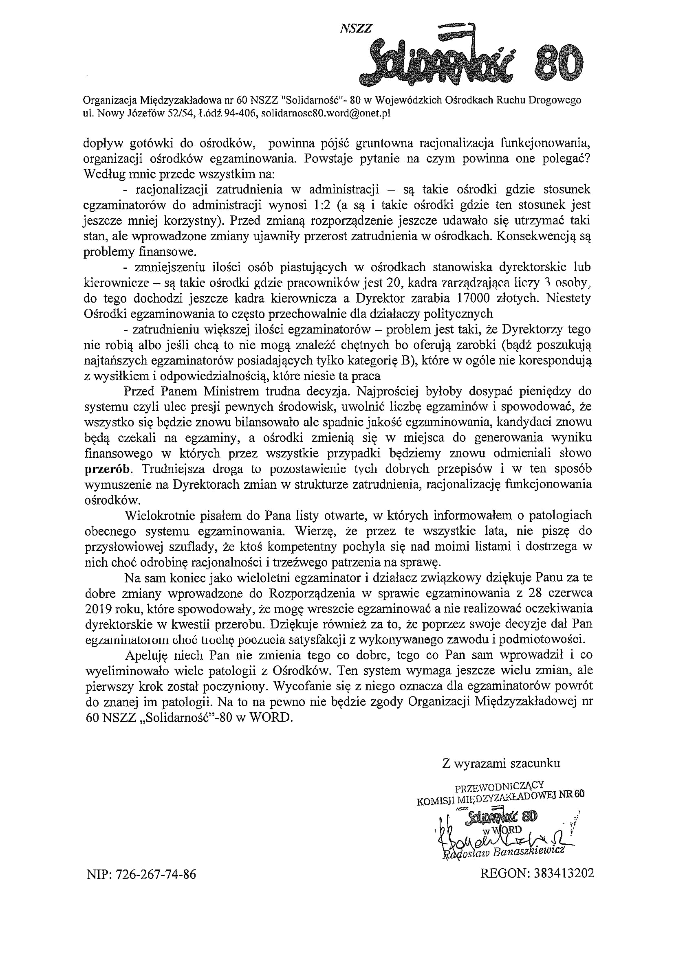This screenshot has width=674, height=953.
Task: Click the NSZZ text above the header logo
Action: (x=356, y=28)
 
